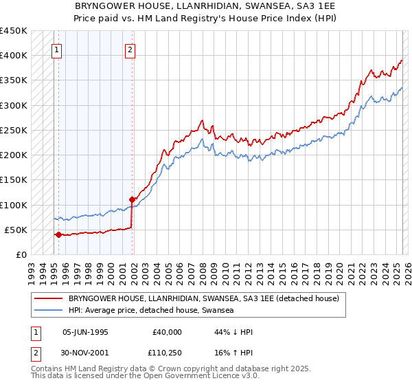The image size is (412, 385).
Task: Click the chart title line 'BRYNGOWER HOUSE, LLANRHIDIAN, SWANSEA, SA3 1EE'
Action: tap(205, 6)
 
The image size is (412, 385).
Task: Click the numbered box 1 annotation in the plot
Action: tap(58, 49)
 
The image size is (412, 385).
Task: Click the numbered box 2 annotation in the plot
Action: tap(130, 49)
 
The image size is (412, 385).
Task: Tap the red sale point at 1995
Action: tap(58, 234)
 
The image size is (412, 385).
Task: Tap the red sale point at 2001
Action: tap(132, 199)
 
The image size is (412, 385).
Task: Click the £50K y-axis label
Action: tap(16, 230)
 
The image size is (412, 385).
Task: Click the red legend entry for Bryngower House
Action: tap(203, 299)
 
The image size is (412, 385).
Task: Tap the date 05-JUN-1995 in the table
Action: tap(85, 331)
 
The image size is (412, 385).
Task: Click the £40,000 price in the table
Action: tap(167, 331)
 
